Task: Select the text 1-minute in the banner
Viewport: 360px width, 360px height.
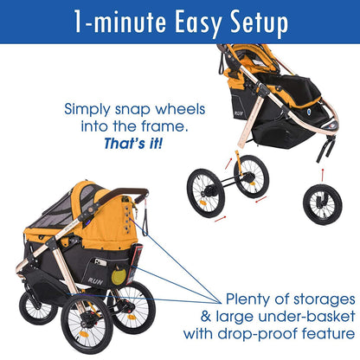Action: click(102, 21)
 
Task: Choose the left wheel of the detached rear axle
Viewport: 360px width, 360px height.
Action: click(206, 193)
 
